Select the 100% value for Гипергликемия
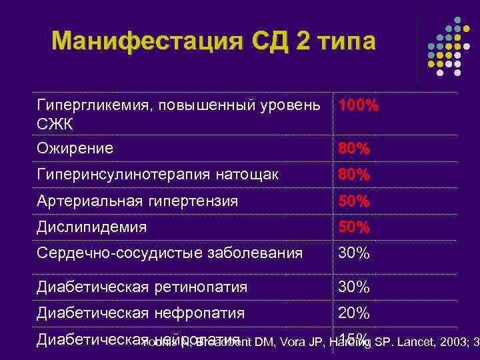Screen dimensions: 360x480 click(358, 106)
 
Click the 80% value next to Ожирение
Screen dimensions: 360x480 click(354, 148)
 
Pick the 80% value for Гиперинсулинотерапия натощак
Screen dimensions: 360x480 click(354, 175)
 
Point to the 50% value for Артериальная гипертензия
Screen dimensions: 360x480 click(354, 201)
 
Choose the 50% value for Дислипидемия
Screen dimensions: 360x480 click(354, 227)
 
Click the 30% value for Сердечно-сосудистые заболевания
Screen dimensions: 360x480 click(354, 253)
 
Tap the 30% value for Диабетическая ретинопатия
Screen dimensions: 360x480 click(354, 287)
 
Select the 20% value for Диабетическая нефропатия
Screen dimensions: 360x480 click(354, 313)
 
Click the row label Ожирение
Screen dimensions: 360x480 click(75, 148)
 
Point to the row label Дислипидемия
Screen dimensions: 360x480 click(91, 227)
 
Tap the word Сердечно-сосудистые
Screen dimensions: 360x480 click(107, 253)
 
